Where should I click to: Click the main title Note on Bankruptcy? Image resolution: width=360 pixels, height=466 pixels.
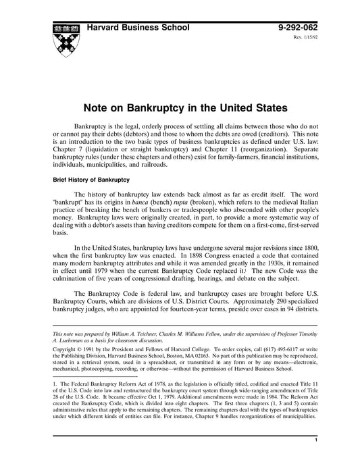tap(185, 107)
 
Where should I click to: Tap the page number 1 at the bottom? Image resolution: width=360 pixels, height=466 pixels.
tap(315, 459)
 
